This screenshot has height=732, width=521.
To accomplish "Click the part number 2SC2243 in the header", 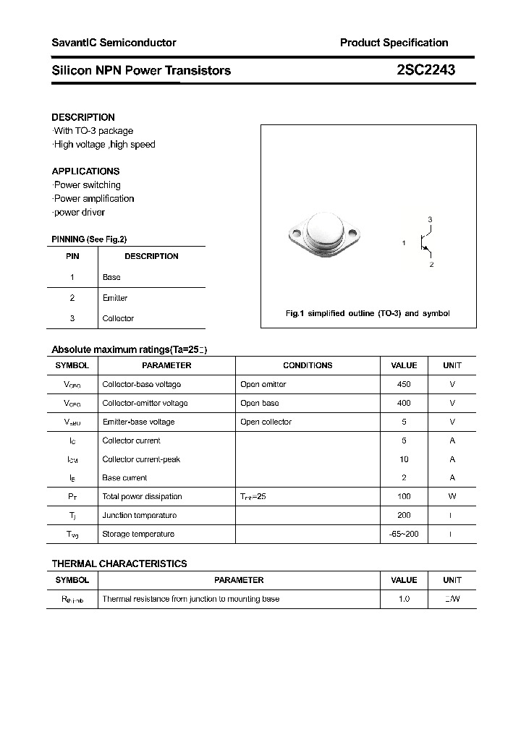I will pyautogui.click(x=425, y=70).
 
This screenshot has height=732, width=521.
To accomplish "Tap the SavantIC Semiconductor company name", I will pyautogui.click(x=114, y=43).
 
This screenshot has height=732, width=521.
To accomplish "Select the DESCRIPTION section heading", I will pyautogui.click(x=83, y=117).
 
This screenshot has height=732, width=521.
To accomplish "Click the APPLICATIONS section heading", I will pyautogui.click(x=85, y=171).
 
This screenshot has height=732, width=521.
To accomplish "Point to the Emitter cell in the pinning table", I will pyautogui.click(x=115, y=298).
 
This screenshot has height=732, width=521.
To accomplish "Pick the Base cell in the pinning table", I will pyautogui.click(x=111, y=277).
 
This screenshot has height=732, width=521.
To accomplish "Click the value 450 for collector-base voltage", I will pyautogui.click(x=404, y=385).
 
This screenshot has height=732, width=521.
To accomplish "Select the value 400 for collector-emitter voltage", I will pyautogui.click(x=404, y=404).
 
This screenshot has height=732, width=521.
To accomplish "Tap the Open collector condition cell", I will pyautogui.click(x=266, y=422).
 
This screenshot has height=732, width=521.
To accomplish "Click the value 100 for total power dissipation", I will pyautogui.click(x=404, y=497).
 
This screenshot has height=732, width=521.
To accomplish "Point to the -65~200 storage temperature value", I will pyautogui.click(x=404, y=535).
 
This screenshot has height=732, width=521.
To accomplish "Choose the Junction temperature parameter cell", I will pyautogui.click(x=140, y=516).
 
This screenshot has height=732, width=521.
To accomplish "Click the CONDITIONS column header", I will pyautogui.click(x=308, y=366).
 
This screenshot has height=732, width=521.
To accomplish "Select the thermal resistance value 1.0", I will pyautogui.click(x=404, y=600).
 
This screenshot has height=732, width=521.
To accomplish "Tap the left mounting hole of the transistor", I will pyautogui.click(x=296, y=234).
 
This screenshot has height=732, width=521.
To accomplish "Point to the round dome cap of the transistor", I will pyautogui.click(x=323, y=231).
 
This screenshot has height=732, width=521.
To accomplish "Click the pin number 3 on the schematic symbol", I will pyautogui.click(x=430, y=219).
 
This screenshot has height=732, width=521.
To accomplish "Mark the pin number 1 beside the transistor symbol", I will pyautogui.click(x=404, y=243).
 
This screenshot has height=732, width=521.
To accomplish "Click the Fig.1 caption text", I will pyautogui.click(x=368, y=314).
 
